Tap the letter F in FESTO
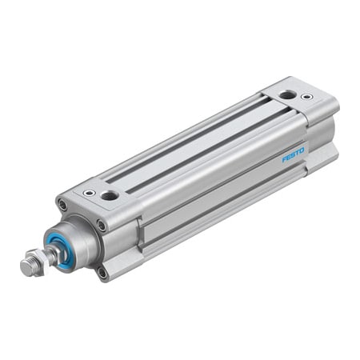coord(285,161)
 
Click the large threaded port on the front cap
coord(110,194)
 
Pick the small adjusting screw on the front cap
coord(89,193)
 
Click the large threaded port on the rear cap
coord(286,95)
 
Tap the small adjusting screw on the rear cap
coord(306,98)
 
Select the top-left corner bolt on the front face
coord(62,206)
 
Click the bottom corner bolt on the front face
coord(102,272)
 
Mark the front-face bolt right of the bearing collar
coord(102,226)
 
